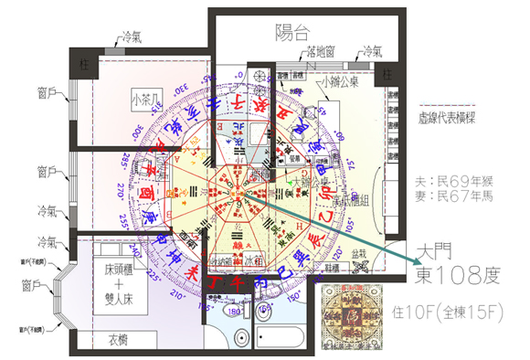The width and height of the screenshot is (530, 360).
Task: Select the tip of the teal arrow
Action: click(x=408, y=261)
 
